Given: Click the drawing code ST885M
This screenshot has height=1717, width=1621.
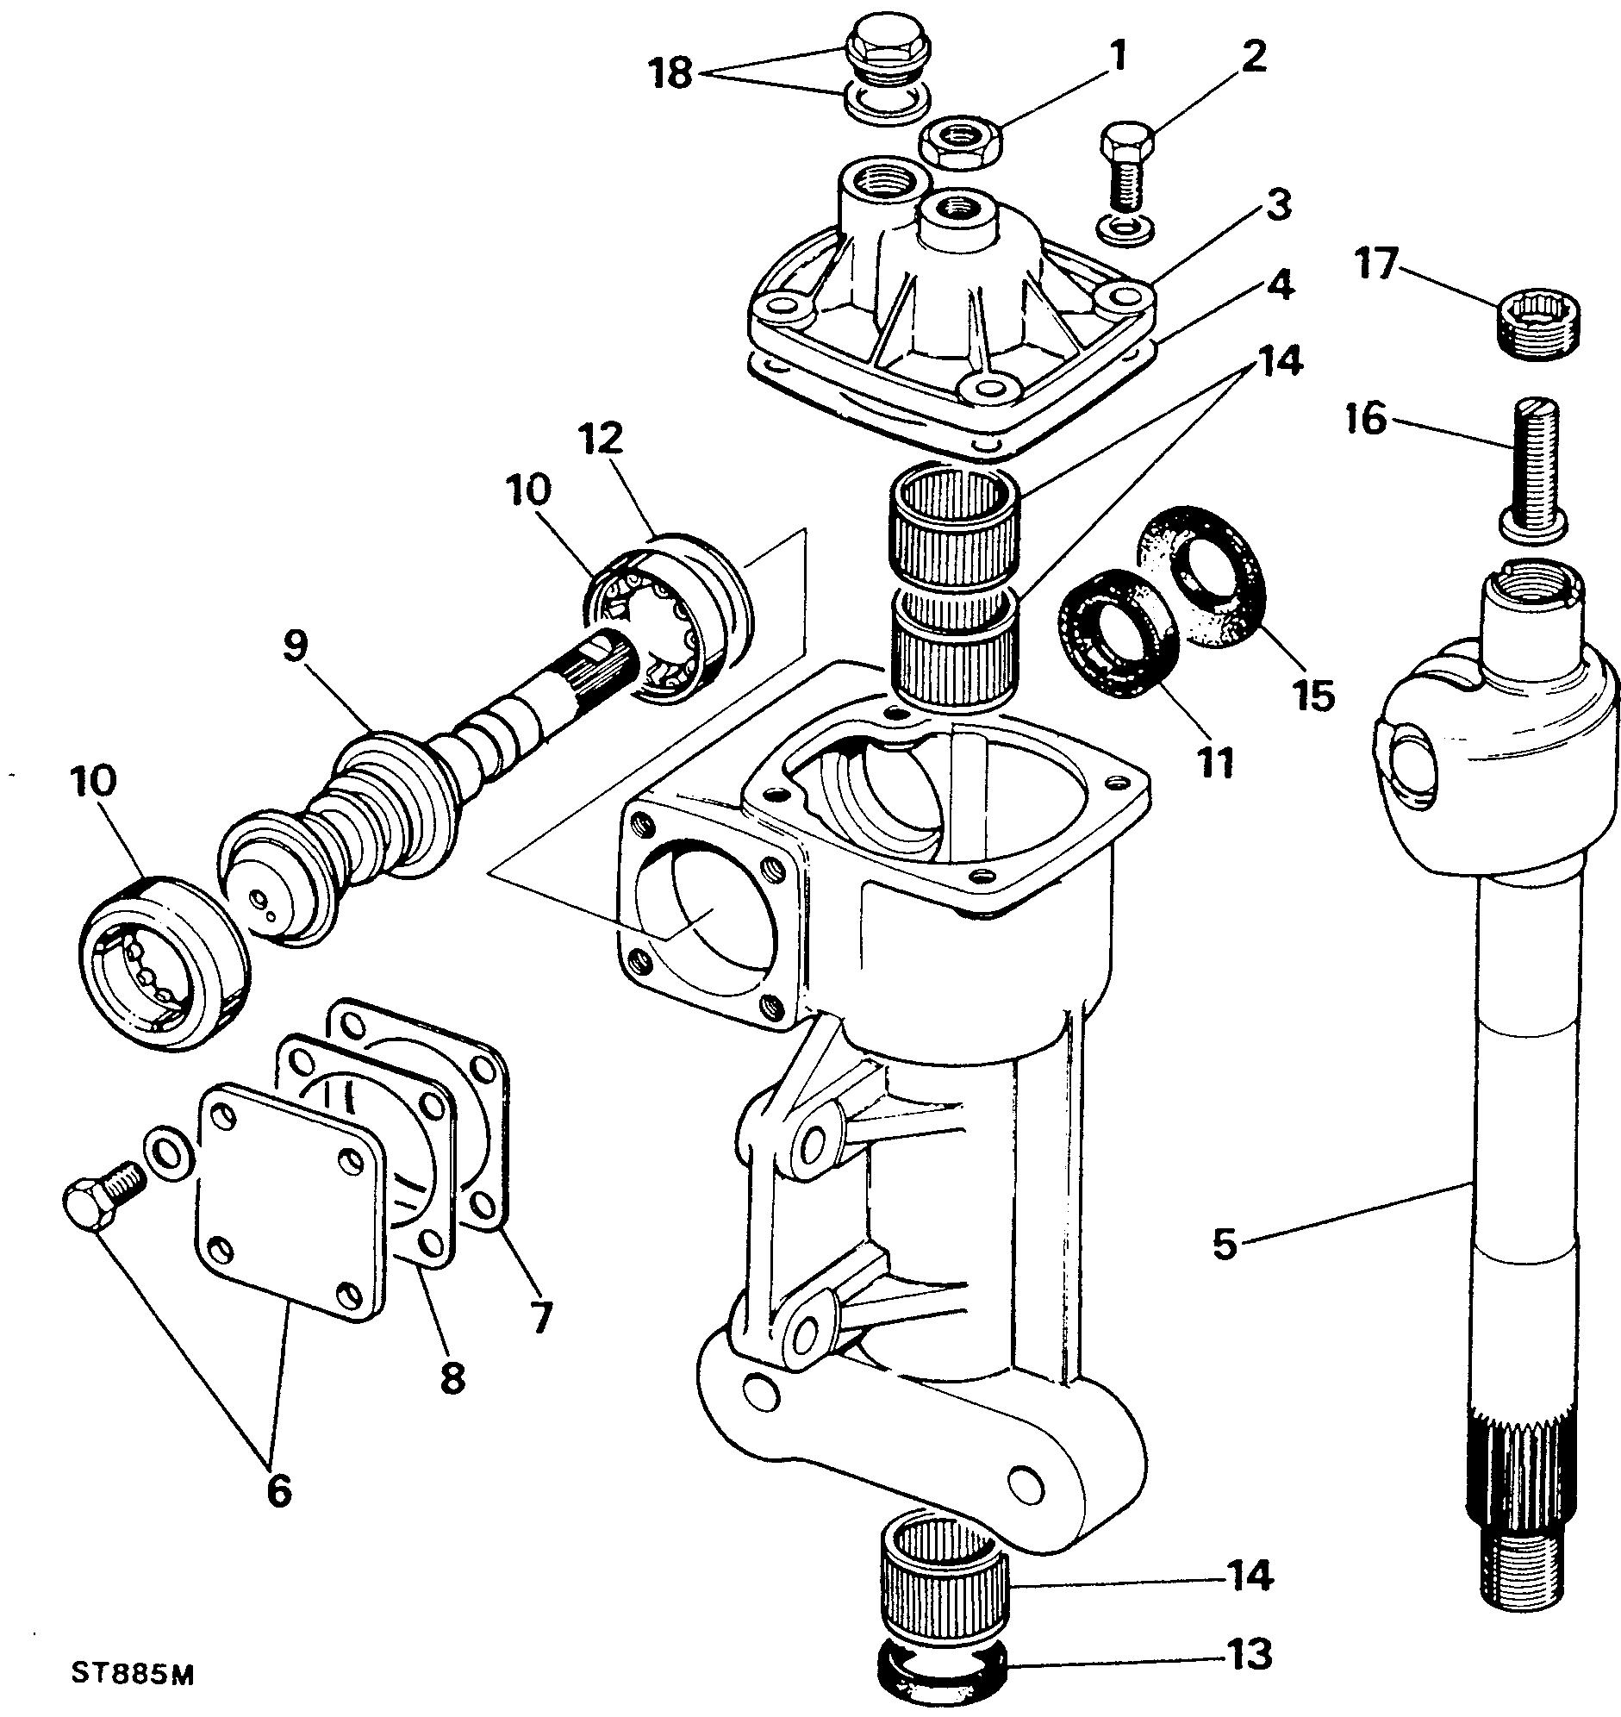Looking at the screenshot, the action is [x=132, y=1673].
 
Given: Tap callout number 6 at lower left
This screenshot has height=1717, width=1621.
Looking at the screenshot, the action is [x=278, y=1489].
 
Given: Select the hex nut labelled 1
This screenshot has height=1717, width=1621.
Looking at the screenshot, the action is [x=958, y=143].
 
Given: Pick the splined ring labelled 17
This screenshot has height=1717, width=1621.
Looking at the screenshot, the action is [x=1535, y=327].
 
